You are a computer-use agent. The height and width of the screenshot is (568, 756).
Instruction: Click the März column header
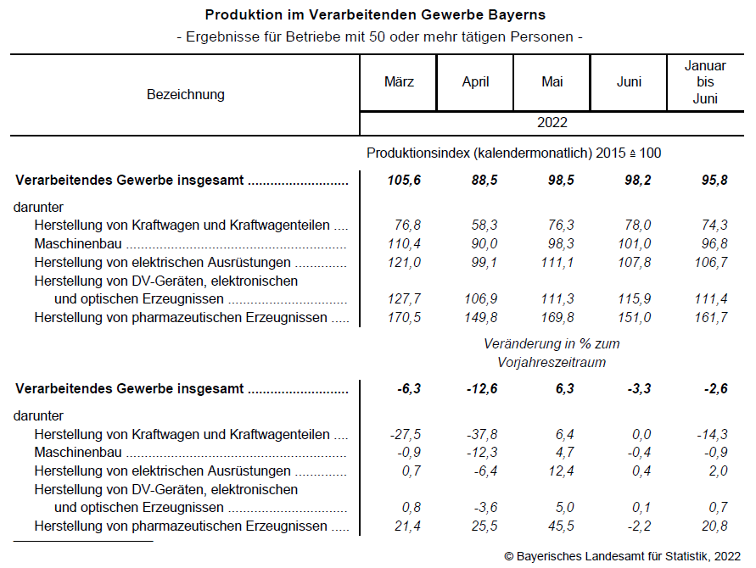click(x=398, y=82)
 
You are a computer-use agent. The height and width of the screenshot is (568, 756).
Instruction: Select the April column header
click(x=475, y=82)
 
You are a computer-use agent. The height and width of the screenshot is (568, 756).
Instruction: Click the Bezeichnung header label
click(x=186, y=94)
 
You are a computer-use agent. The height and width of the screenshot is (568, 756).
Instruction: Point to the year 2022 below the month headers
click(x=552, y=123)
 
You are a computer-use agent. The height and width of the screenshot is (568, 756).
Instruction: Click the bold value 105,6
click(x=403, y=181)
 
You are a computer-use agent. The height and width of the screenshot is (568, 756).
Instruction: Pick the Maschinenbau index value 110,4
click(x=403, y=244)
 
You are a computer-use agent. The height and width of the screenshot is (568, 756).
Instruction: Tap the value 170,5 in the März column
click(x=403, y=318)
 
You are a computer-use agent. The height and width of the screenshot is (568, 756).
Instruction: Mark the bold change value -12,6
click(x=480, y=389)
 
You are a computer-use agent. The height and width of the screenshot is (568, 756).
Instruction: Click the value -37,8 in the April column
click(x=481, y=434)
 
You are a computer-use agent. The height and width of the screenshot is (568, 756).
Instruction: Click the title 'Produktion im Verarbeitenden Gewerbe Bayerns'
click(x=375, y=15)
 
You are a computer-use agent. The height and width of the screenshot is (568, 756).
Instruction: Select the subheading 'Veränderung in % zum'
click(x=552, y=344)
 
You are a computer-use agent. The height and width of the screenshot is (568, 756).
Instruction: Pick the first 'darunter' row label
click(x=39, y=207)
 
